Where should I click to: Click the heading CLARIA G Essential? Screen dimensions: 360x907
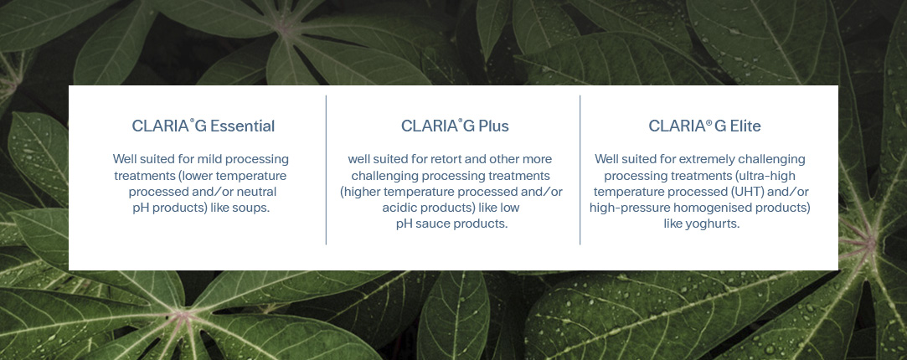pyautogui.click(x=203, y=126)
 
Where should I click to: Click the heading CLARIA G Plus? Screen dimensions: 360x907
pyautogui.click(x=454, y=126)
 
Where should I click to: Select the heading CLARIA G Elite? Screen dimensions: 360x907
pyautogui.click(x=704, y=126)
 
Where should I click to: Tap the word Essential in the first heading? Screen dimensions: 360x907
pyautogui.click(x=242, y=126)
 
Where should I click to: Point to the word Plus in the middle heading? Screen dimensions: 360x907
pyautogui.click(x=492, y=126)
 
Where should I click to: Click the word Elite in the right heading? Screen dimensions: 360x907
pyautogui.click(x=744, y=126)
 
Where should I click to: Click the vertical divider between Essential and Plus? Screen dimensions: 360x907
pyautogui.click(x=326, y=170)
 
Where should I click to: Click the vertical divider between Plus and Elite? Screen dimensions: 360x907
pyautogui.click(x=580, y=170)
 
